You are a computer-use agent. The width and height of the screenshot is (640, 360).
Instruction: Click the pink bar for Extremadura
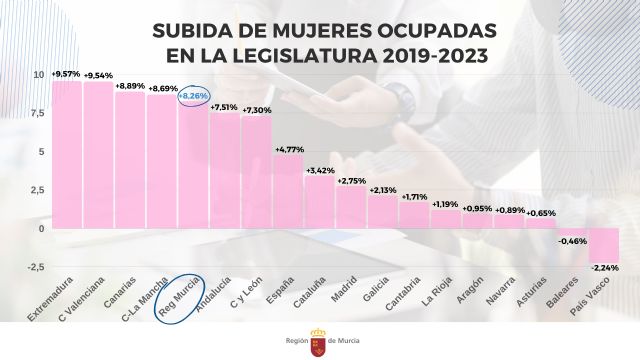(66, 155)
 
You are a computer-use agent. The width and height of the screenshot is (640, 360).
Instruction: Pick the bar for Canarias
(130, 161)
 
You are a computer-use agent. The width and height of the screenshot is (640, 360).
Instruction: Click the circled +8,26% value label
(192, 97)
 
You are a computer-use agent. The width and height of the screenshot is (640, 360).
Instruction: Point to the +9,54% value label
(98, 75)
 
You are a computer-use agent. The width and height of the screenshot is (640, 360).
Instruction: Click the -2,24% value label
(605, 268)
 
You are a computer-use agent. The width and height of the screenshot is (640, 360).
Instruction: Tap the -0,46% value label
(573, 241)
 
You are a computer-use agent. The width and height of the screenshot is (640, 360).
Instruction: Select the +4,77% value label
(288, 149)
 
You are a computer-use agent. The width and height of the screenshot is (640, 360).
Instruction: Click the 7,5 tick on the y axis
(37, 114)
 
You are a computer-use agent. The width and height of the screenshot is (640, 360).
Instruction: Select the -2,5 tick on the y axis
(36, 267)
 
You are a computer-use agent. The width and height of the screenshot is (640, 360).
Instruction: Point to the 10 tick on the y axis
(38, 75)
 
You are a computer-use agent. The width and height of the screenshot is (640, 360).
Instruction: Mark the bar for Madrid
(351, 207)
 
